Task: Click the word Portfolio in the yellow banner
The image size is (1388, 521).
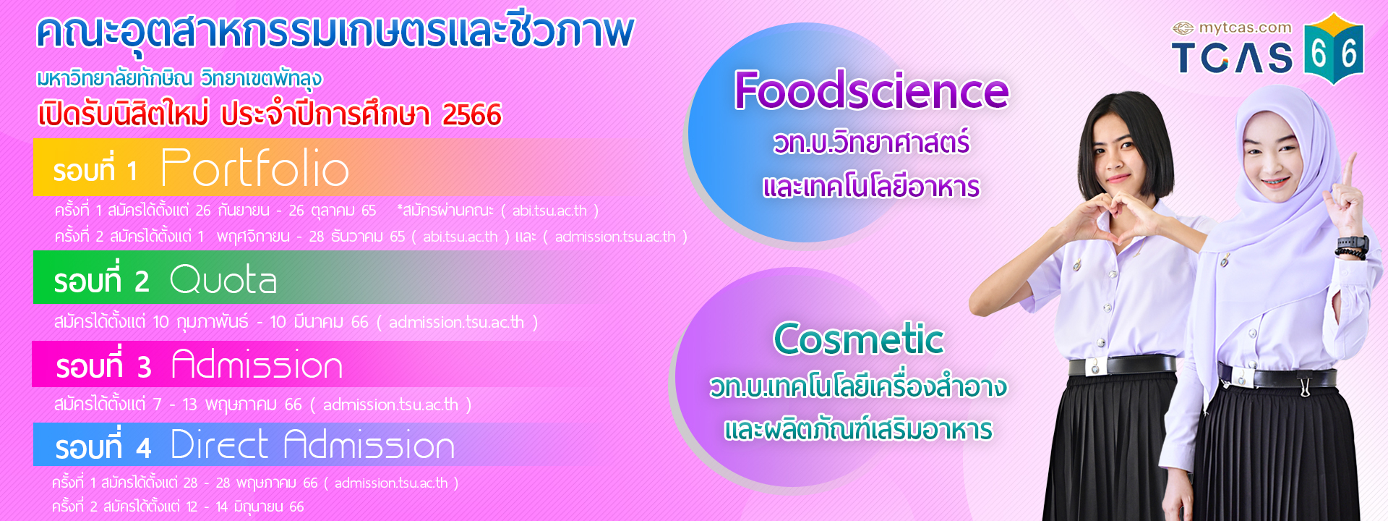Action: coord(254,168)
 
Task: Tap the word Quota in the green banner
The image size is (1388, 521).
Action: coord(223,279)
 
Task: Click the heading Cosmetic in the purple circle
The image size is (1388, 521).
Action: coord(859,338)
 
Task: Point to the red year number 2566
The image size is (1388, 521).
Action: coord(471,114)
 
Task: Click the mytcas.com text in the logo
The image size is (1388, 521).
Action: coord(1245,28)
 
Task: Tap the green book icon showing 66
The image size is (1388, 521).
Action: coord(1334,49)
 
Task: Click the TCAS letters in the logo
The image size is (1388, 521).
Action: coord(1232,58)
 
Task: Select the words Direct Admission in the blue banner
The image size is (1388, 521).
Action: coord(312,444)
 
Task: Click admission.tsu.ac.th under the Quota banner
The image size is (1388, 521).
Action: coord(456,322)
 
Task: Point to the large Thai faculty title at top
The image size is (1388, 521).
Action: coord(335,33)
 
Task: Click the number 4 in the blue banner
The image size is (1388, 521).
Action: coord(143,449)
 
